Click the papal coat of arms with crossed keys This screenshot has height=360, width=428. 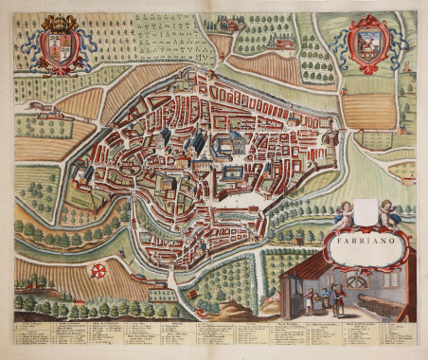click(x=59, y=46)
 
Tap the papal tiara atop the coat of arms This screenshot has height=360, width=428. click(x=59, y=21)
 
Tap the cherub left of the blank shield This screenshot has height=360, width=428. click(x=343, y=215)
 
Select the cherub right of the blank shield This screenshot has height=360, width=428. click(x=387, y=215)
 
